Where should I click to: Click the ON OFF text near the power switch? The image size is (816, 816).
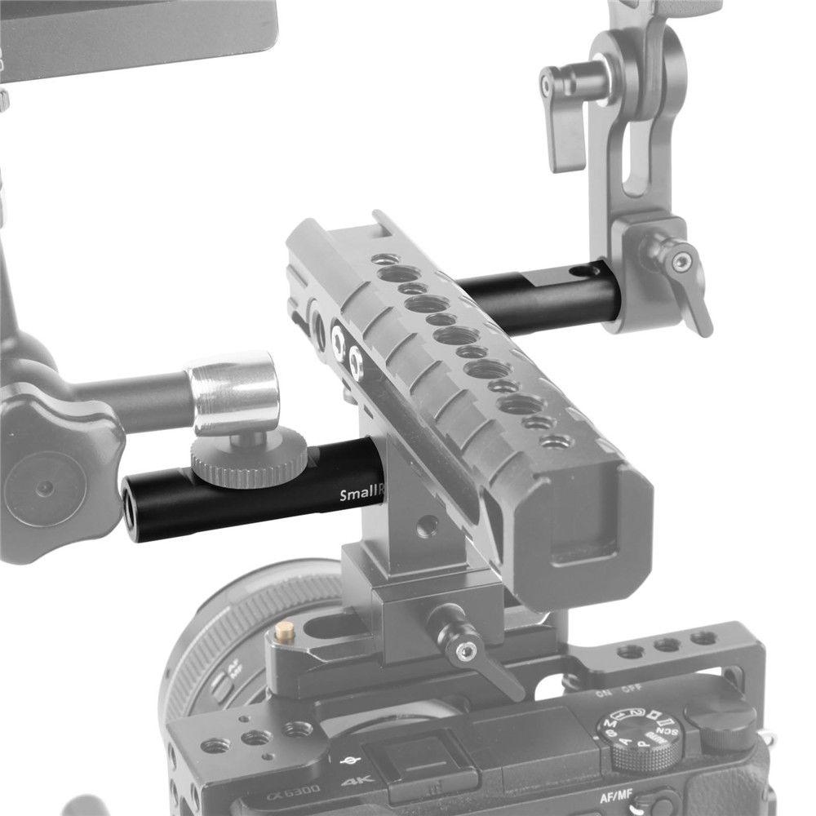pos(617,694)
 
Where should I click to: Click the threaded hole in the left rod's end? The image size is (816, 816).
pos(131,499)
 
